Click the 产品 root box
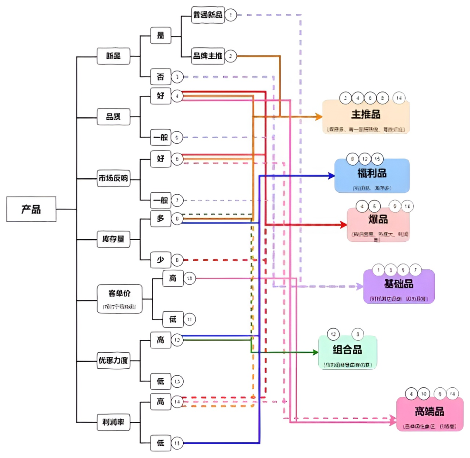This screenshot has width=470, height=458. [x=31, y=209]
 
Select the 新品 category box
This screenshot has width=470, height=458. [x=114, y=56]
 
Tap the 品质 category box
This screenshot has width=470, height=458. [x=114, y=116]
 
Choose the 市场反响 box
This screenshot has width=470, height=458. [x=114, y=178]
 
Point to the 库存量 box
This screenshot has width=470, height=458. [x=114, y=239]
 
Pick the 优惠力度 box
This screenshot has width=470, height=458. [x=114, y=361]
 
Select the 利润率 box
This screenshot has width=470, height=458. [x=114, y=421]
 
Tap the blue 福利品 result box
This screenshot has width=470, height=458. [x=372, y=175]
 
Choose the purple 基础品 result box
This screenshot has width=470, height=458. [x=399, y=286]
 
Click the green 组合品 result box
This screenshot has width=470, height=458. [x=347, y=352]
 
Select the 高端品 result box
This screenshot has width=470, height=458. [x=430, y=414]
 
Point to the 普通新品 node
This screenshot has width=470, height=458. [x=208, y=16]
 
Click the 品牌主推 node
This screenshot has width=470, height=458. [x=208, y=56]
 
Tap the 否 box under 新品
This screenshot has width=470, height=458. [x=160, y=77]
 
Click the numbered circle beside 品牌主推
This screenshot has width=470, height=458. [x=231, y=56]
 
